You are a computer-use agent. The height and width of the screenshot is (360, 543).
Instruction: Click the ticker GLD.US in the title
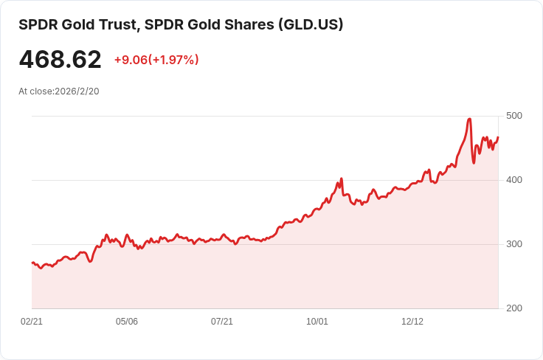point(310,24)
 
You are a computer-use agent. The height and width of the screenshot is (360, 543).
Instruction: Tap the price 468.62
point(60,59)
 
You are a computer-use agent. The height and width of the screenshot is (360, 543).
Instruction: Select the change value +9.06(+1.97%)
point(156,60)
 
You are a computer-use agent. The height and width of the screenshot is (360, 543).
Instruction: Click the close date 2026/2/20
point(77,91)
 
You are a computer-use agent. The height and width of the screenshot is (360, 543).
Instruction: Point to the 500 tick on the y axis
point(514,116)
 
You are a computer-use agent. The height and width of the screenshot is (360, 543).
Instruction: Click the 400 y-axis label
point(514,180)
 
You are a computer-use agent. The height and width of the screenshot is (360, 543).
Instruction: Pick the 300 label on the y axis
point(514,244)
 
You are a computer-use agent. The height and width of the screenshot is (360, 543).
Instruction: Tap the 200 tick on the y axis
point(514,308)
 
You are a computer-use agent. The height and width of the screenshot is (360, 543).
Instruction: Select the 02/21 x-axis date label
point(32,322)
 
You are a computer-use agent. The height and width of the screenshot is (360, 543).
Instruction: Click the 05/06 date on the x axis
point(127,322)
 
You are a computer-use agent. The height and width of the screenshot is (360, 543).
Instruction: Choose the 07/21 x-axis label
point(222,322)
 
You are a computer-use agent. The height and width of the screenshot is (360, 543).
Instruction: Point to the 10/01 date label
point(317,322)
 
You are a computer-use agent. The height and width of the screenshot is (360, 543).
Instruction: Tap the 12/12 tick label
point(412,322)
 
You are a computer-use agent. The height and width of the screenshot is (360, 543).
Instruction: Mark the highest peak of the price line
point(469,119)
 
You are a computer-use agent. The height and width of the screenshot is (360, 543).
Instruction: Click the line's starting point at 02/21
point(32,263)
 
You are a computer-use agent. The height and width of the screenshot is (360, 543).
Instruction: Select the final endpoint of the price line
point(498,137)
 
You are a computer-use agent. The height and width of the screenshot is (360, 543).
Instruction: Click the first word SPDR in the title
point(37,24)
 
